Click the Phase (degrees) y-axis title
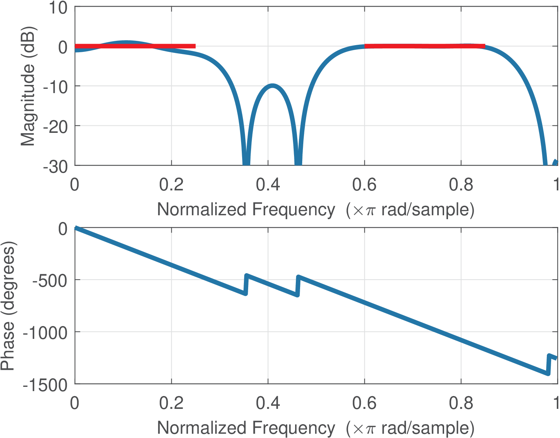[x=8, y=306]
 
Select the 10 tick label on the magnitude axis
[x=58, y=8]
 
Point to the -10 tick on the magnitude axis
[x=55, y=87]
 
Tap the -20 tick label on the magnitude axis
[x=55, y=126]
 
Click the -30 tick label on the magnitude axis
[x=55, y=166]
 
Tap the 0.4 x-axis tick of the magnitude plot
[x=268, y=185]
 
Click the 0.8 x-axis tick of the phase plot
[x=461, y=403]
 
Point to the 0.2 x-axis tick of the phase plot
[x=171, y=403]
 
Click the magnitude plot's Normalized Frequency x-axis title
[x=316, y=210]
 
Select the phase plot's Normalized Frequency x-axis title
[x=316, y=428]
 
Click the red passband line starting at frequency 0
[x=135, y=46]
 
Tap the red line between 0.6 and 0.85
[x=425, y=46]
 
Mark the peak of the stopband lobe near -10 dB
[x=272, y=86]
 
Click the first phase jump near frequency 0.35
[x=246, y=285]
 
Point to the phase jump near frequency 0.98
[x=548, y=364]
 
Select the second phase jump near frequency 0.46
[x=298, y=286]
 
